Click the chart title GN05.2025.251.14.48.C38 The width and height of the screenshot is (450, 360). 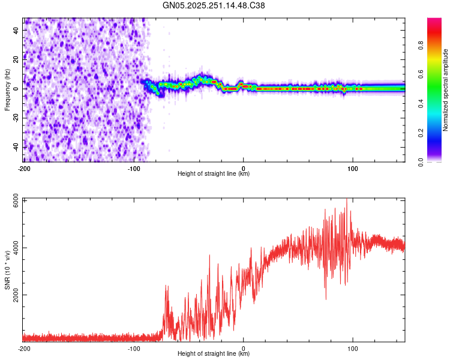coord(214,6)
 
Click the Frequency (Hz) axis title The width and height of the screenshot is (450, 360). coord(7,89)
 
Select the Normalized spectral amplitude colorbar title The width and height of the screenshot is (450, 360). coord(445,89)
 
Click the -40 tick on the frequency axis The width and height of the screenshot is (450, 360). coord(15,147)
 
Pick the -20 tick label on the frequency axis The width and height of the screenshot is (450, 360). coord(15,118)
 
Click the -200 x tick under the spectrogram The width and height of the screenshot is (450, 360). coord(24,168)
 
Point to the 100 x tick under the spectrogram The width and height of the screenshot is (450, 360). coord(353,168)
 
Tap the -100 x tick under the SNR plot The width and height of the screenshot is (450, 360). coord(134,348)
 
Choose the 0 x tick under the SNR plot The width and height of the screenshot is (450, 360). coord(244,348)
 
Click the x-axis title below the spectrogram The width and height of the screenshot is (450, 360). coord(214,174)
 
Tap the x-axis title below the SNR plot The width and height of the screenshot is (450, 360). coord(214,354)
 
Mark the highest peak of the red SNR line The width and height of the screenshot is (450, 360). coord(347,200)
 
